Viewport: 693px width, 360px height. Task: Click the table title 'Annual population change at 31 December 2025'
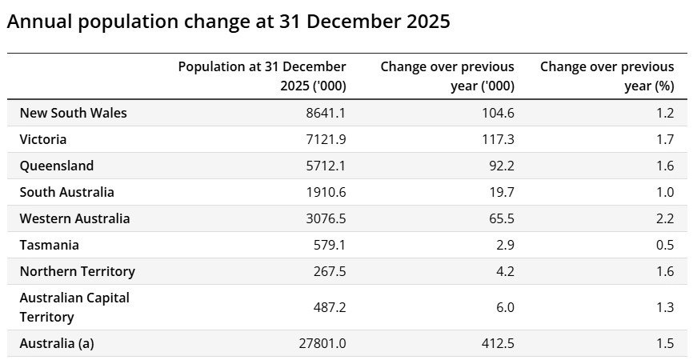(x=229, y=22)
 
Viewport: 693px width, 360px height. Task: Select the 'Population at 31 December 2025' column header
(x=262, y=76)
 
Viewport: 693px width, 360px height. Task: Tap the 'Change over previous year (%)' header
(x=607, y=76)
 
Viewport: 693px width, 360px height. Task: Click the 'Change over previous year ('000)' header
(x=447, y=76)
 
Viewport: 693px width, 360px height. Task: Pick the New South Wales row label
(x=74, y=113)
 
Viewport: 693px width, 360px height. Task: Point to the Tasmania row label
(x=49, y=245)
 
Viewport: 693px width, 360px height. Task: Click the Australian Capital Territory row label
(x=74, y=307)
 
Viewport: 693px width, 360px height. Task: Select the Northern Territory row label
(x=78, y=272)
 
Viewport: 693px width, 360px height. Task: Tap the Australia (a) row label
(x=57, y=344)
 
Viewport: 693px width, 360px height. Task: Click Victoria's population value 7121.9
(x=326, y=139)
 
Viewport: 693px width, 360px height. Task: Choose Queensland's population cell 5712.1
(x=326, y=166)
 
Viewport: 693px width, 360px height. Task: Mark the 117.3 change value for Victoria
(x=498, y=139)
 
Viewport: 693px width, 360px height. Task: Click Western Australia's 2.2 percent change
(x=665, y=218)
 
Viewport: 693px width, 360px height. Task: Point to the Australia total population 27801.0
(x=322, y=344)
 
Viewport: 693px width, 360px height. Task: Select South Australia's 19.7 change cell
(x=502, y=193)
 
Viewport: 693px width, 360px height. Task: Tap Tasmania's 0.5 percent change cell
(x=665, y=245)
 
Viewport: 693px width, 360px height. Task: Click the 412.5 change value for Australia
(x=498, y=344)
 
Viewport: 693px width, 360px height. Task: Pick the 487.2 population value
(x=330, y=307)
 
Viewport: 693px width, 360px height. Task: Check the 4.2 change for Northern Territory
(x=505, y=272)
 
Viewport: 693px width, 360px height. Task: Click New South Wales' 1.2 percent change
(x=665, y=113)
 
